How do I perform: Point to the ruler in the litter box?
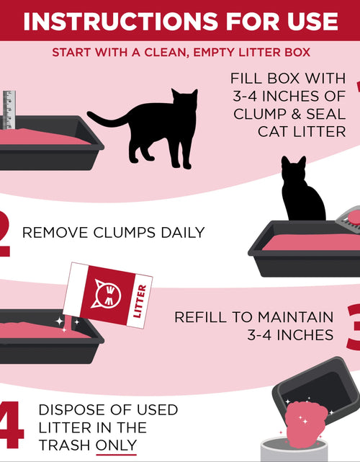(9, 110)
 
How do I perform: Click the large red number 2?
(5, 232)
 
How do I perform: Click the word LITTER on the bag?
(141, 300)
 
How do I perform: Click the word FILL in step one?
(248, 78)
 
